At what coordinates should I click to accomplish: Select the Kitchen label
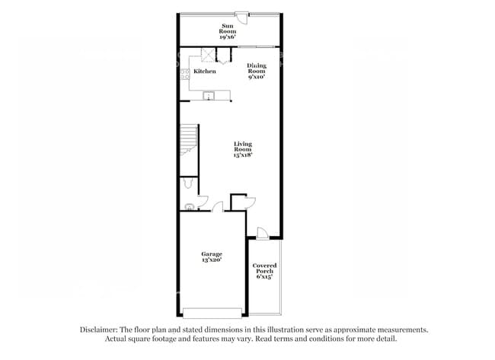click(x=204, y=72)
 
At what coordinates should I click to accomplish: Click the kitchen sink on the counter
click(x=209, y=96)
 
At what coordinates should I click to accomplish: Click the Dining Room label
click(x=257, y=68)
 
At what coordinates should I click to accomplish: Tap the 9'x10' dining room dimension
click(x=257, y=77)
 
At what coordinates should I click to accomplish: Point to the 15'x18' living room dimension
click(x=243, y=155)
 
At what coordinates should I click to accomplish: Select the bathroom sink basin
click(x=189, y=205)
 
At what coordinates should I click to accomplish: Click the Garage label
click(x=212, y=253)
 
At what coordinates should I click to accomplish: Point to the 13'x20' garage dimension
click(x=212, y=260)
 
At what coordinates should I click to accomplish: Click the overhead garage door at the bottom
click(x=212, y=312)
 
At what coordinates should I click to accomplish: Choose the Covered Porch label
click(x=264, y=268)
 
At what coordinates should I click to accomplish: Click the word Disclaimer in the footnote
click(x=101, y=330)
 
